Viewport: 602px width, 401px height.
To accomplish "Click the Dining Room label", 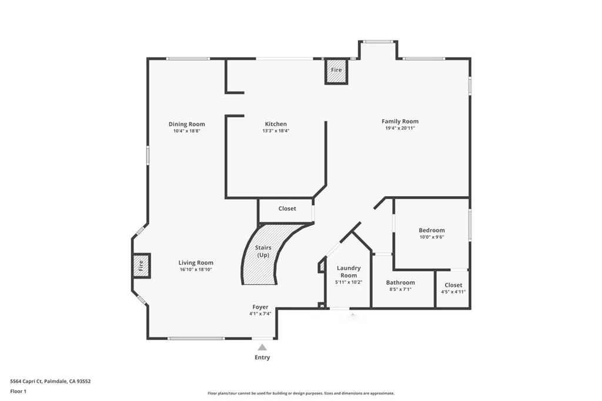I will click(186, 124).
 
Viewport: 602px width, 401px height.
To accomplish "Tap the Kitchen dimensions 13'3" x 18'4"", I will click(276, 131).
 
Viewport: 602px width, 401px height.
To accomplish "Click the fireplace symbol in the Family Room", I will click(336, 70).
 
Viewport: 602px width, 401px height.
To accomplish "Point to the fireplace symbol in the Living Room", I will click(141, 265).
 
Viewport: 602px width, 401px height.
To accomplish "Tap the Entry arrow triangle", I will click(262, 347).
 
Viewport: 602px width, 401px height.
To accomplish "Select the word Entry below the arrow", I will click(262, 358).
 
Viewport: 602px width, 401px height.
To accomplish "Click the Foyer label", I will click(260, 307).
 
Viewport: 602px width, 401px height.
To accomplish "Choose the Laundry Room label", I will click(349, 272).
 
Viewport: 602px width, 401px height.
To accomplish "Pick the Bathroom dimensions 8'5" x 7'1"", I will click(401, 289).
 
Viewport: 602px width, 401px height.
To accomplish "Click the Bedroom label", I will click(432, 230).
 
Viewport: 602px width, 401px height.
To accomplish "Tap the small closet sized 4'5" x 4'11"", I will click(453, 288).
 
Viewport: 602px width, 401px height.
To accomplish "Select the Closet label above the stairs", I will click(287, 208).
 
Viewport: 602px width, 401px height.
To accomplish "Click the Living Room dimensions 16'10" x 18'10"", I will click(196, 269).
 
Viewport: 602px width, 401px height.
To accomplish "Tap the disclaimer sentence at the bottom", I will click(300, 393).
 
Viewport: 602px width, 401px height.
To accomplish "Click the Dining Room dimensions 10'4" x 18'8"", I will click(186, 131).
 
